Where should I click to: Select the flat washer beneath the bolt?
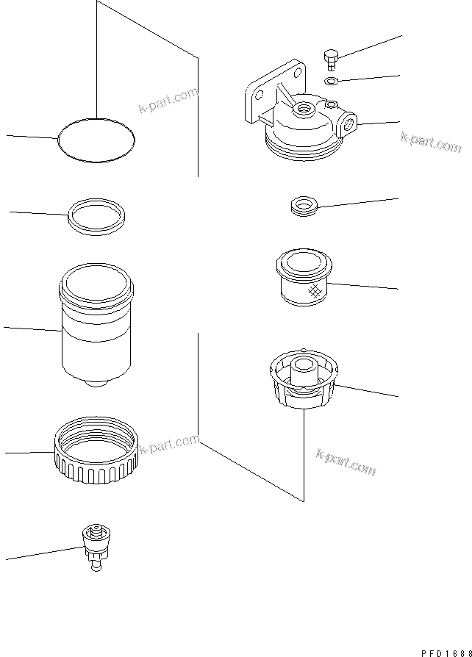click(331, 80)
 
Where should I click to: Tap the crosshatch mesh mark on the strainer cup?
click(315, 290)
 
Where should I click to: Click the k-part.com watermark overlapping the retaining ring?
click(170, 445)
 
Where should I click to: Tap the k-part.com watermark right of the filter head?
click(430, 141)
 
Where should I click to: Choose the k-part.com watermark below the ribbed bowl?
click(346, 461)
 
